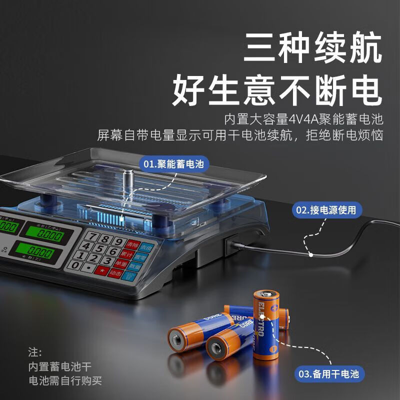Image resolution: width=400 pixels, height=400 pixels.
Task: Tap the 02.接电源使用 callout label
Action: [327, 210]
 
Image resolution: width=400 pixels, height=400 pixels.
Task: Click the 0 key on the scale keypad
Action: [75, 266]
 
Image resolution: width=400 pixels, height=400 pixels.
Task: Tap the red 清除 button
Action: [132, 245]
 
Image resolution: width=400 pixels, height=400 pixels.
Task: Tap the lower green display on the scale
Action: [35, 251]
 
